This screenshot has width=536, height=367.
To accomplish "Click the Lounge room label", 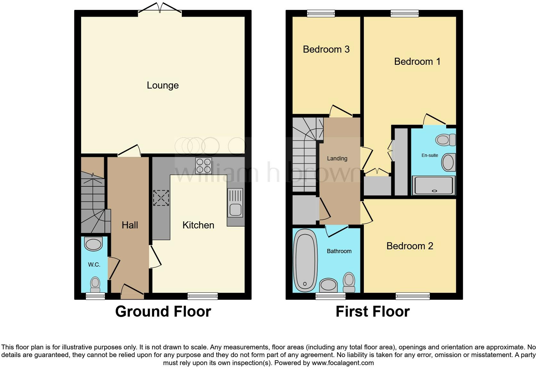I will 163,85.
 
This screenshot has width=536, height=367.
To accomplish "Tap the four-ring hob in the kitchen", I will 204,166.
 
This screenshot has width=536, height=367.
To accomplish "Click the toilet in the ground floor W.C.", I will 95,284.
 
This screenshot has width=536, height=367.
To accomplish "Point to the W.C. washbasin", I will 93,244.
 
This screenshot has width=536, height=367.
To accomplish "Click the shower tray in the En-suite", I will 433,185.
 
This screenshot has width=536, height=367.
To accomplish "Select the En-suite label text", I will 430,155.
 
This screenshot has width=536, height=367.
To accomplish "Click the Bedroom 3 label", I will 326,49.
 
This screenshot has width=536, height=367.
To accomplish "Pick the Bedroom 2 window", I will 413,296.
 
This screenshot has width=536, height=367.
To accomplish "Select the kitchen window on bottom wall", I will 203,296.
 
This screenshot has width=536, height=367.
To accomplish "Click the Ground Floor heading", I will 163,312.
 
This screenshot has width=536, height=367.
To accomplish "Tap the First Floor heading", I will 373,312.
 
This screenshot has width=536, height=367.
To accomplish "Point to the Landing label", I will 337,158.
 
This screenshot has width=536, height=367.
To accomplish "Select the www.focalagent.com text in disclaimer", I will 343,363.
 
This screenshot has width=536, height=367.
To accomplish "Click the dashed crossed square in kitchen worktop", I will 161,198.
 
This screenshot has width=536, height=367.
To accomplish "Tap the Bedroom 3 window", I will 321,13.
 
